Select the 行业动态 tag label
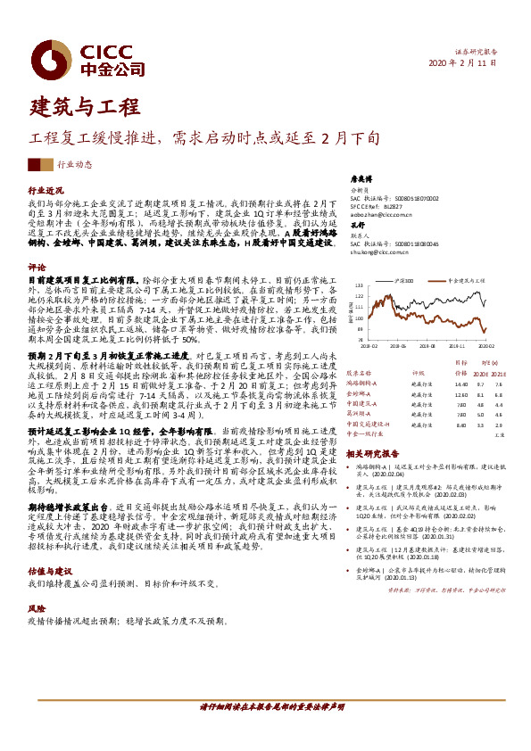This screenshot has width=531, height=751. (x=74, y=164)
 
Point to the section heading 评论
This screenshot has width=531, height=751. (x=37, y=267)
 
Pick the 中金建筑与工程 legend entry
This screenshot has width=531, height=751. (x=469, y=279)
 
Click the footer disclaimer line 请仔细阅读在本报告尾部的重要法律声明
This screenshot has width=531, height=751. (x=265, y=729)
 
